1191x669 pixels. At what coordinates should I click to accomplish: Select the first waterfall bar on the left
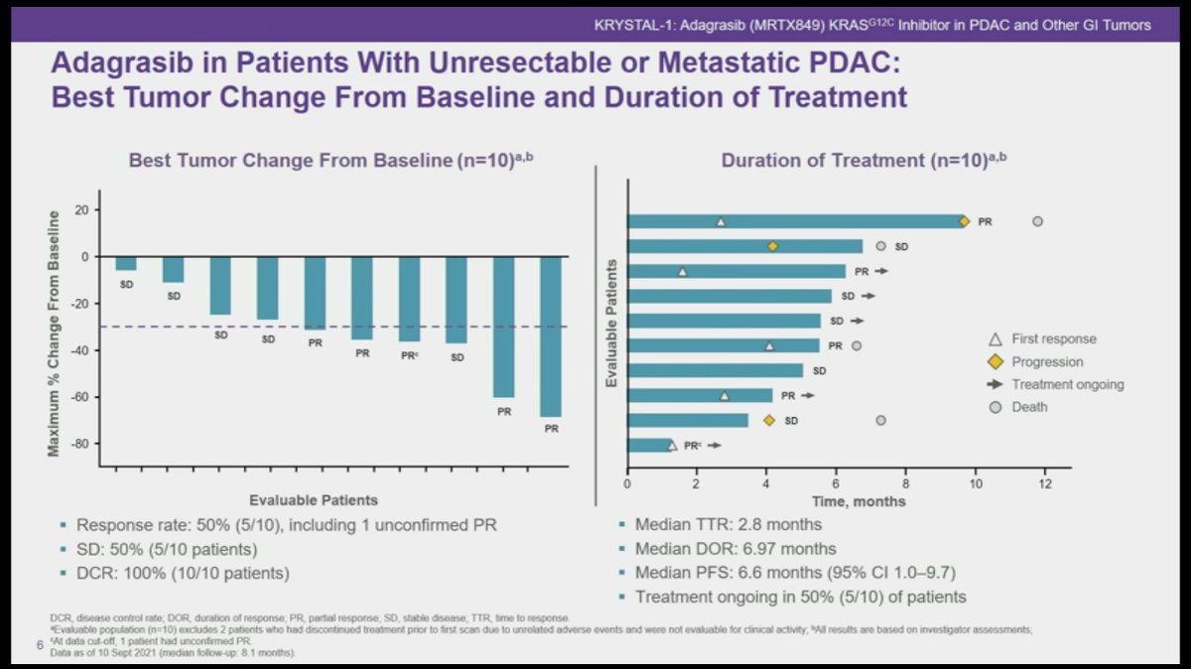pos(126,263)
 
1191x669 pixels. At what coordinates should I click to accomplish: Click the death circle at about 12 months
pos(1037,221)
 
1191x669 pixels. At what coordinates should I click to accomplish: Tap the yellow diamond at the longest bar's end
pos(964,221)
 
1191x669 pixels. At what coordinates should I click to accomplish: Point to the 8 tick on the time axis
pos(906,484)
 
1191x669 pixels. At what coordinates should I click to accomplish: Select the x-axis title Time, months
pos(860,501)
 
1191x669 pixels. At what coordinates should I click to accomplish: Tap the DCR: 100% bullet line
pos(183,573)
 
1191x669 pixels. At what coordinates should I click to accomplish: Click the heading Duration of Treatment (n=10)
pos(858,161)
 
